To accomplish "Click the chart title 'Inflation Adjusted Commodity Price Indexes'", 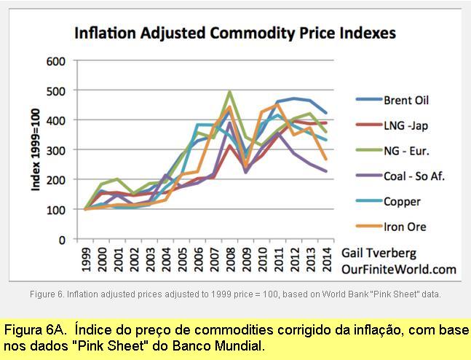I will click(x=235, y=33).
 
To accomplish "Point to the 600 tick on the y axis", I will click(x=55, y=60).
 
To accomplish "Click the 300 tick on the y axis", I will click(x=55, y=150).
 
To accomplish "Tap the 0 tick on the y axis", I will click(x=61, y=239).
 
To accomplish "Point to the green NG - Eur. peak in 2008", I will click(x=229, y=93).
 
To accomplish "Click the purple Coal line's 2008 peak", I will click(x=230, y=123).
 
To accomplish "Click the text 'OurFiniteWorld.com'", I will click(x=399, y=269).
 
